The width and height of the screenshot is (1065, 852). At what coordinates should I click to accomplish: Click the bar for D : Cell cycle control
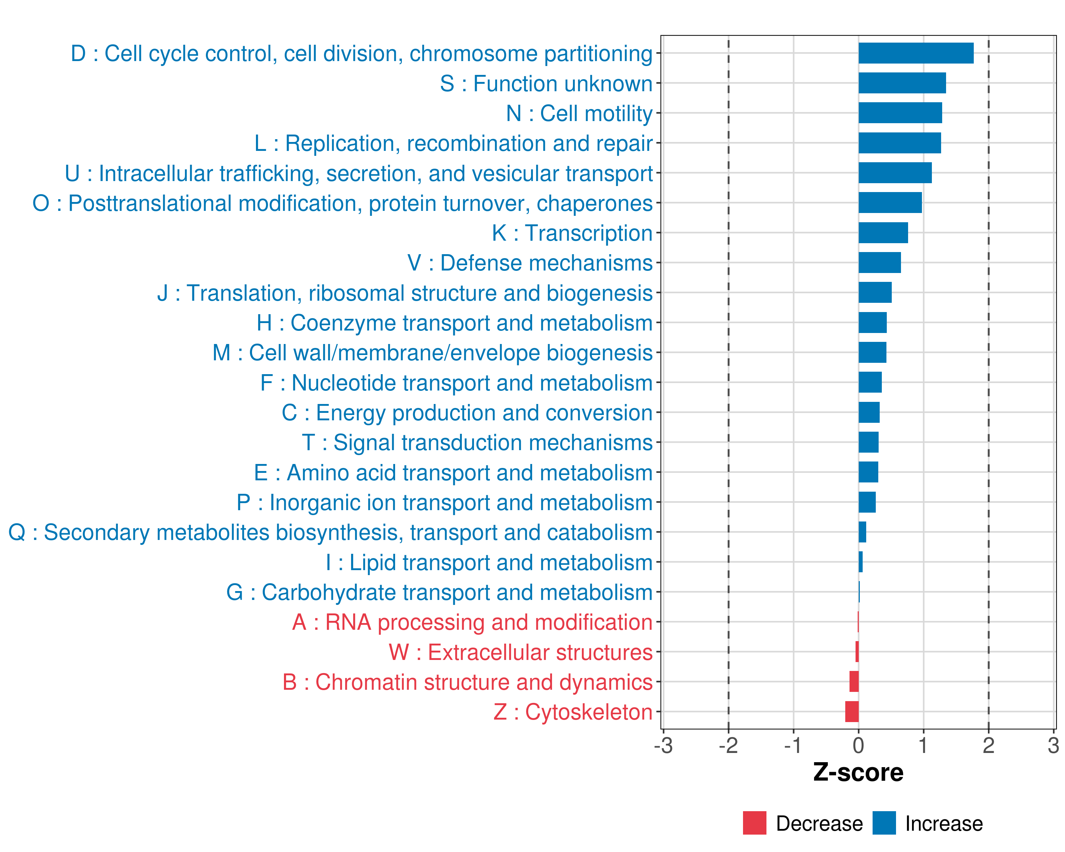click(x=916, y=53)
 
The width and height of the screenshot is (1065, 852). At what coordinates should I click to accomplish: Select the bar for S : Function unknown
click(x=902, y=83)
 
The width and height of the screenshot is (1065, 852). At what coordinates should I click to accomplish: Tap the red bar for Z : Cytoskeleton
click(x=852, y=712)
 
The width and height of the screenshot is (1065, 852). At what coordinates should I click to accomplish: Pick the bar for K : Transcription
click(x=883, y=233)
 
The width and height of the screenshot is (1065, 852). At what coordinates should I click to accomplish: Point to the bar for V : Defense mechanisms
click(x=880, y=263)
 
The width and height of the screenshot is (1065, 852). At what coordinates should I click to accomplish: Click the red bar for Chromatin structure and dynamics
click(x=854, y=682)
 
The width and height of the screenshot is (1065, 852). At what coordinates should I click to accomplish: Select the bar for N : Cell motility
click(x=900, y=113)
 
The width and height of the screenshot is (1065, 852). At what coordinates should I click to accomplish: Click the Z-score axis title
click(x=858, y=772)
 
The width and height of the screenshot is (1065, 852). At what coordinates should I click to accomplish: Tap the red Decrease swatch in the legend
click(x=754, y=823)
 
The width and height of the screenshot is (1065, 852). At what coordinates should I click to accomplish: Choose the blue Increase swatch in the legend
click(x=884, y=823)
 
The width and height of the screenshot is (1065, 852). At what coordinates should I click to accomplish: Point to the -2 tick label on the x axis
click(x=728, y=745)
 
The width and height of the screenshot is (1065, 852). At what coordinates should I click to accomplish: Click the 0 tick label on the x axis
click(x=858, y=745)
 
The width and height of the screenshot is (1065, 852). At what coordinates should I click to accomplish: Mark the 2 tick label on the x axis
click(x=988, y=745)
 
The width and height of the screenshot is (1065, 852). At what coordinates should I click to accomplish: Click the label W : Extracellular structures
click(x=521, y=652)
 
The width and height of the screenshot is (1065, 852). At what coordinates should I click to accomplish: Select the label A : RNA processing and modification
click(x=472, y=622)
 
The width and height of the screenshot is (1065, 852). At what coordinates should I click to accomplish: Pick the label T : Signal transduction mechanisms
click(x=477, y=443)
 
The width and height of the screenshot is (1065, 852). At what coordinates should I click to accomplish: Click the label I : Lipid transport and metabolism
click(x=489, y=563)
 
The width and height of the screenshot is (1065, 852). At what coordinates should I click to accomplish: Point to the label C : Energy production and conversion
click(x=467, y=413)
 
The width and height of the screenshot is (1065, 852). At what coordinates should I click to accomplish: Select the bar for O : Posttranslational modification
click(x=890, y=202)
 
